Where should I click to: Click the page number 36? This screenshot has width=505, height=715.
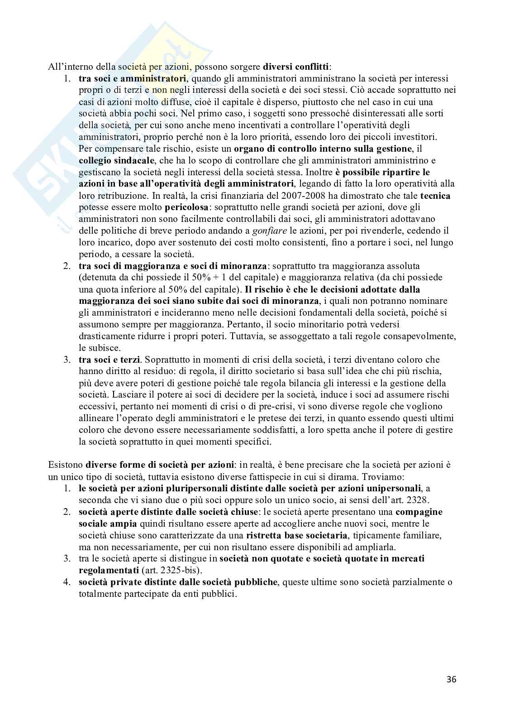tap(451, 679)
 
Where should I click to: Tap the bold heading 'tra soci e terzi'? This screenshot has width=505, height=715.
tap(110, 360)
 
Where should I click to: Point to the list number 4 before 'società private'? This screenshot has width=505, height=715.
tap(66, 582)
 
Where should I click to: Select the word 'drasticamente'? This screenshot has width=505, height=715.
tap(105, 336)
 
